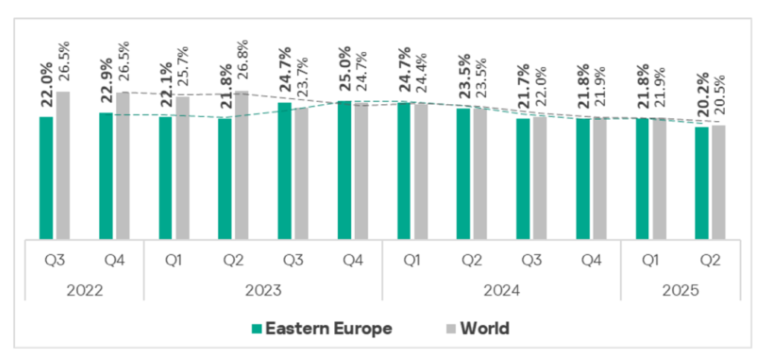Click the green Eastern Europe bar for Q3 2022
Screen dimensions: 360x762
46,179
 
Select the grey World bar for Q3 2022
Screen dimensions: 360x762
63,166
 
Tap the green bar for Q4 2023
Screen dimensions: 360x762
345,170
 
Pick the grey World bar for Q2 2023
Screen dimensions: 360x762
242,166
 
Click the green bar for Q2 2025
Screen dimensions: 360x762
702,184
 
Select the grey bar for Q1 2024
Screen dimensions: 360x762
421,172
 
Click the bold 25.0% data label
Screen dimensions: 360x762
345,71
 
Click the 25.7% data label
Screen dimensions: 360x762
182,65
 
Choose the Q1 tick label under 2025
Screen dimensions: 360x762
650,261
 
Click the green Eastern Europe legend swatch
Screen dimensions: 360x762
257,328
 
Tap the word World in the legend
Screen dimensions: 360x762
484,328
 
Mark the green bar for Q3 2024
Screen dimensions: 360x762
523,179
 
